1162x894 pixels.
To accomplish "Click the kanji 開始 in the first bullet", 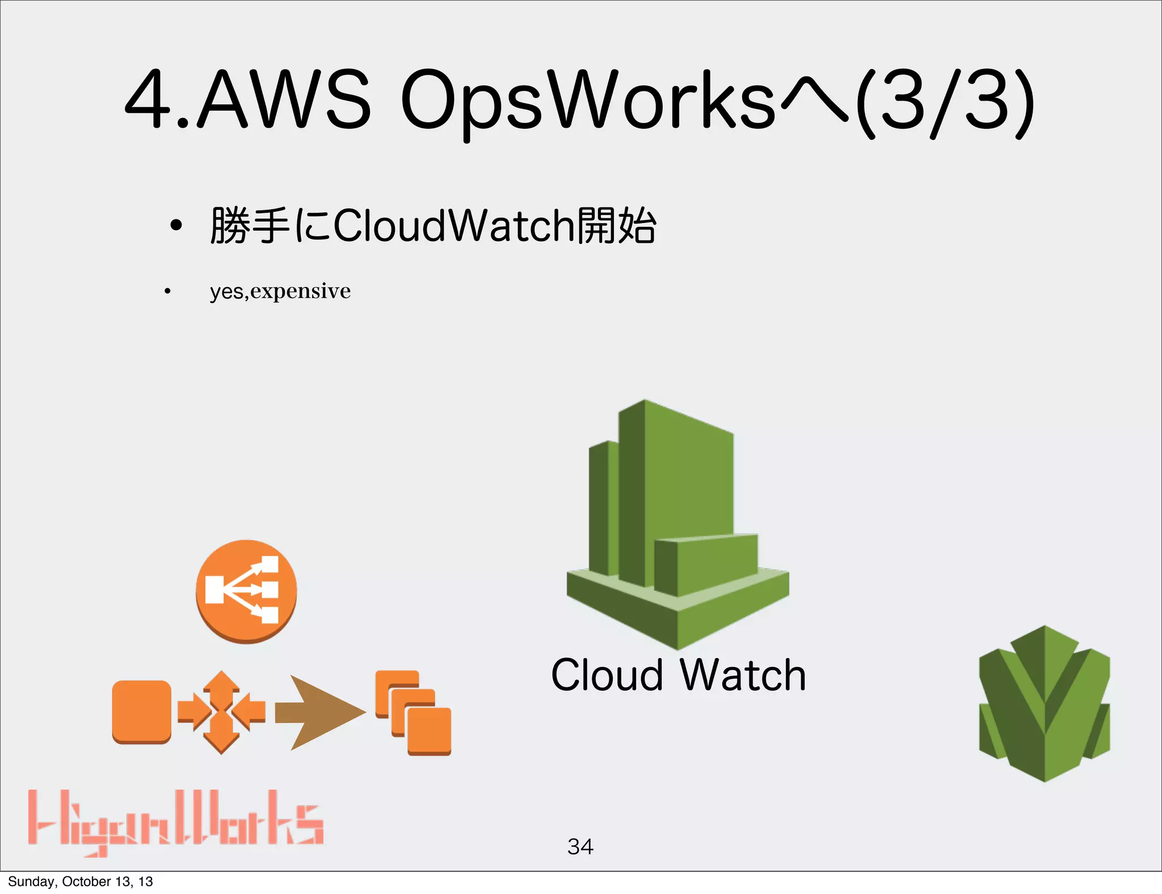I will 616,226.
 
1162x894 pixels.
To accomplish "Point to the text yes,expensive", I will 280,291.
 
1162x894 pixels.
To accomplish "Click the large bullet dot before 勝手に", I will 176,226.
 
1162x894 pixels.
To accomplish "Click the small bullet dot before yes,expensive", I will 167,292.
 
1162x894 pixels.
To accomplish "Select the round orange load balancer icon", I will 246,591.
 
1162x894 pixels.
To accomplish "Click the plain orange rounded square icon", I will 141,711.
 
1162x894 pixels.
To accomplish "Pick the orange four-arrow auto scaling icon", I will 221,712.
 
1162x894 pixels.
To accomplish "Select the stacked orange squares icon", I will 414,712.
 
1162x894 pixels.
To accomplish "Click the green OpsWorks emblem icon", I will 1044,703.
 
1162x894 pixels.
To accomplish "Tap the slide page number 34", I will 580,846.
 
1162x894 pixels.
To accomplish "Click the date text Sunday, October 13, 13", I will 81,881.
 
